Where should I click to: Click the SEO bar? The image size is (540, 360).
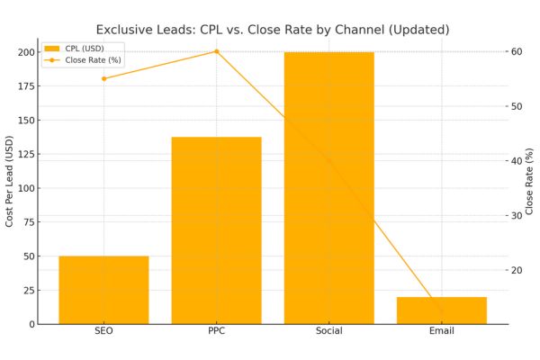pos(103,290)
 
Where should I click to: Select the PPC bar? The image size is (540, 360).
pos(216,230)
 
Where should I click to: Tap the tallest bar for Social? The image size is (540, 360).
pos(328,188)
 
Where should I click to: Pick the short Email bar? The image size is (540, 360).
pos(441,310)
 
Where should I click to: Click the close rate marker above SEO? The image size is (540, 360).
pos(103,78)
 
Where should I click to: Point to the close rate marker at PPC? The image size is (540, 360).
pos(216,51)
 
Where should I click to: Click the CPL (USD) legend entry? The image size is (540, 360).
pos(86,49)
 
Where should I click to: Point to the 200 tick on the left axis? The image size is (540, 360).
pos(26,52)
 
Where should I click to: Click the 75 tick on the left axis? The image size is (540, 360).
pos(29,222)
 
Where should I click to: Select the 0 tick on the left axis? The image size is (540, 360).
pos(31,324)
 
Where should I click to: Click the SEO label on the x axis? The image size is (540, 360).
pos(103,332)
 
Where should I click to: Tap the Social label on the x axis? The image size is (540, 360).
pos(328,332)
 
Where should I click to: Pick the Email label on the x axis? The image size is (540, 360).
pos(441,332)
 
